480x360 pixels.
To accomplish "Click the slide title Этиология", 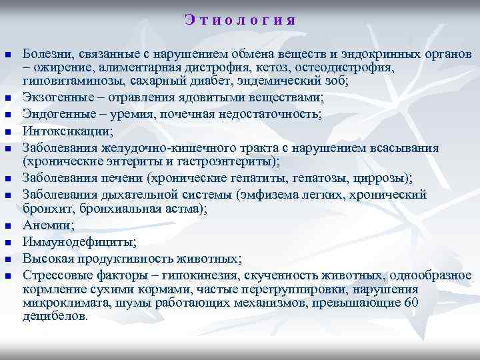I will tap(239, 20).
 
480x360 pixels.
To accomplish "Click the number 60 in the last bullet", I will tap(412, 303).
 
